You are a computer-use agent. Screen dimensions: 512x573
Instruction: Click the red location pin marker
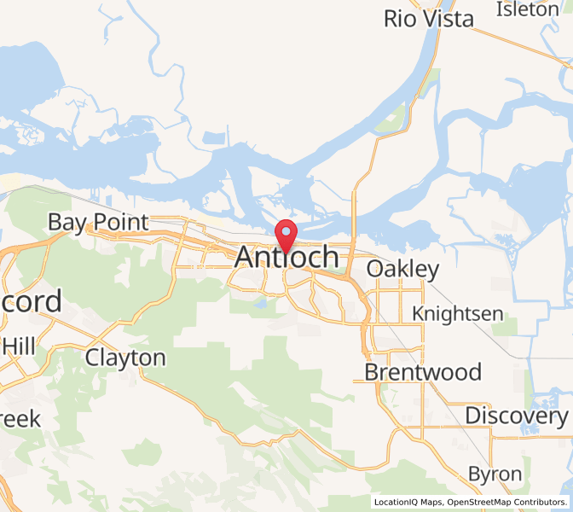pos(286,233)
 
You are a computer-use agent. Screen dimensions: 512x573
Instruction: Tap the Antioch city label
pos(286,257)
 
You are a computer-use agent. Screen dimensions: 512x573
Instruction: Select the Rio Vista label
pos(428,19)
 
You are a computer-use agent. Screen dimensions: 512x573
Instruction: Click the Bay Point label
pos(98,223)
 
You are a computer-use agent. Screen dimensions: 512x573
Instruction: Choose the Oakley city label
pos(402,270)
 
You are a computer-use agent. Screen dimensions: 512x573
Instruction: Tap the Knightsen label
pos(457,313)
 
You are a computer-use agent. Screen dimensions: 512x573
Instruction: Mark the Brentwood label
pos(423,372)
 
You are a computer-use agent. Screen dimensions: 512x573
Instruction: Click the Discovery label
pos(516,416)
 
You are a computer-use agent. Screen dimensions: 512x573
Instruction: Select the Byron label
pos(495,474)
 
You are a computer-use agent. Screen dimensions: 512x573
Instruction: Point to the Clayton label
pos(125,358)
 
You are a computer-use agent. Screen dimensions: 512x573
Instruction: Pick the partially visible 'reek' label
pos(20,419)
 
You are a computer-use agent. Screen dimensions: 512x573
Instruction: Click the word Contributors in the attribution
pos(544,502)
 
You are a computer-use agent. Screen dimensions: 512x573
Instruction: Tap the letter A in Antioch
pos(245,257)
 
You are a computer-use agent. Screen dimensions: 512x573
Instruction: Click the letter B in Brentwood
pos(372,372)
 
